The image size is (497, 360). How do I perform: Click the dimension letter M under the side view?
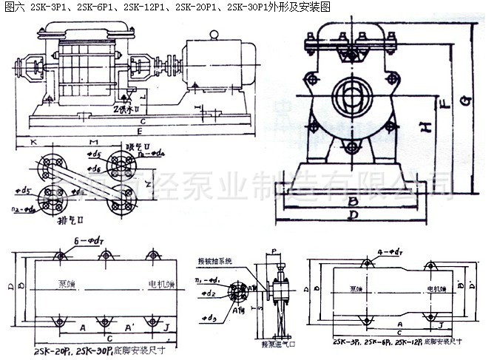pyautogui.click(x=90, y=140)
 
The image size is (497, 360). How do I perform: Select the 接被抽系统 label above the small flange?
pyautogui.click(x=215, y=261)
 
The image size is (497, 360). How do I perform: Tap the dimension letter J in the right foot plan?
pyautogui.click(x=441, y=325)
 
